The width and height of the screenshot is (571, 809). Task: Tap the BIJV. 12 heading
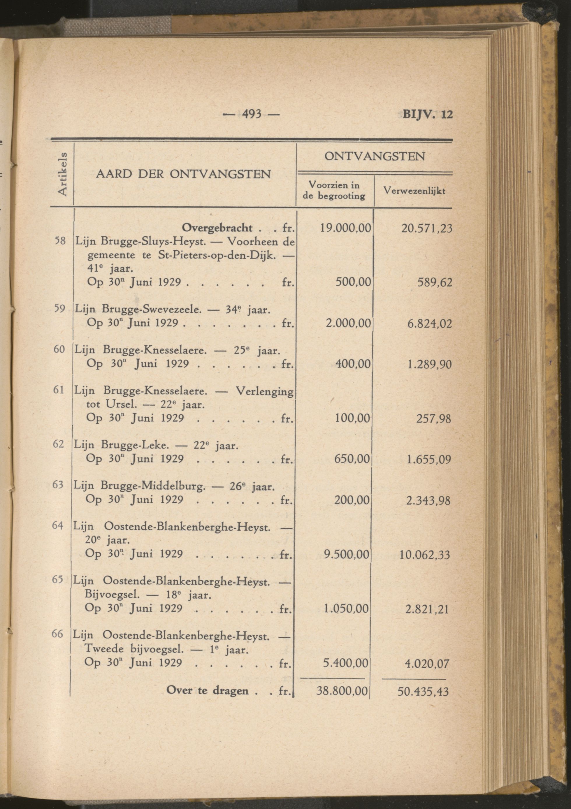pos(427,115)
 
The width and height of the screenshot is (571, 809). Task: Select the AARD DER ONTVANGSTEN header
pos(184,174)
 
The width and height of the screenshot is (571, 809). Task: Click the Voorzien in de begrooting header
pos(334,190)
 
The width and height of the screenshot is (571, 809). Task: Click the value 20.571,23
pos(426,229)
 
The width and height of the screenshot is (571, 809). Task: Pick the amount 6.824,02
pos(429,323)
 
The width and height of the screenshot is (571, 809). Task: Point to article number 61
pos(59,390)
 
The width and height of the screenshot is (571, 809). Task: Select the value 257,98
pos(433,418)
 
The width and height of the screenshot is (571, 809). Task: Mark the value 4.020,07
pos(427,664)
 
